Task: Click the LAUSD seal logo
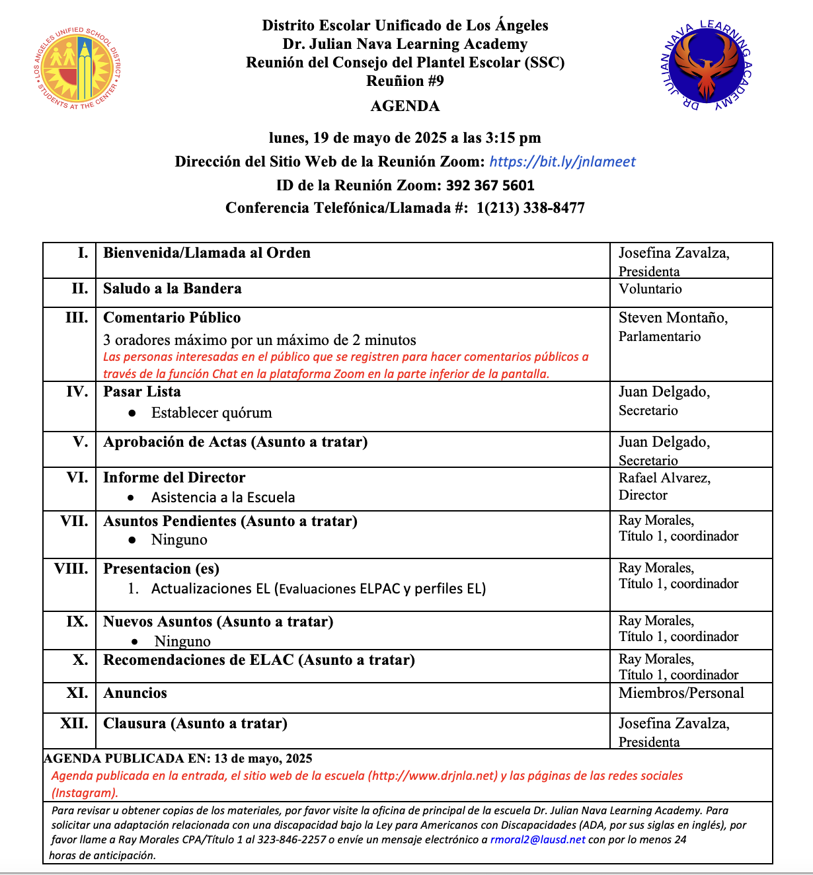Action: pos(78,67)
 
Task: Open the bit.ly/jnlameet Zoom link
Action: pos(562,162)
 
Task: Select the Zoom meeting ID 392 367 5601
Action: pos(490,186)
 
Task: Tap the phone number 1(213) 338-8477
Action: pos(530,208)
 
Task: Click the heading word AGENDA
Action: pos(405,106)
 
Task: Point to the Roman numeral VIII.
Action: pos(71,569)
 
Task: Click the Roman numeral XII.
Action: pos(74,724)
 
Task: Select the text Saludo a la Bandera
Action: pos(172,289)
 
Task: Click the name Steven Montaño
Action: pos(673,319)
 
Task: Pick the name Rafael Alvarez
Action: pos(664,478)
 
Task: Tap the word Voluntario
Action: pos(650,289)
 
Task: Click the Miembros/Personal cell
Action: pos(681,693)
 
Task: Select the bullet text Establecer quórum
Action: pos(212,413)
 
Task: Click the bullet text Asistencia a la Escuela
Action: pos(223,498)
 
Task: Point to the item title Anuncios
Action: pos(135,693)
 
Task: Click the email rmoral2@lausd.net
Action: pos(537,840)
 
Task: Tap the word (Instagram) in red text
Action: pos(85,793)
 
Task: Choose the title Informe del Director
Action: pos(174,478)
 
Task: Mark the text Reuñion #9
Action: pos(405,81)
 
